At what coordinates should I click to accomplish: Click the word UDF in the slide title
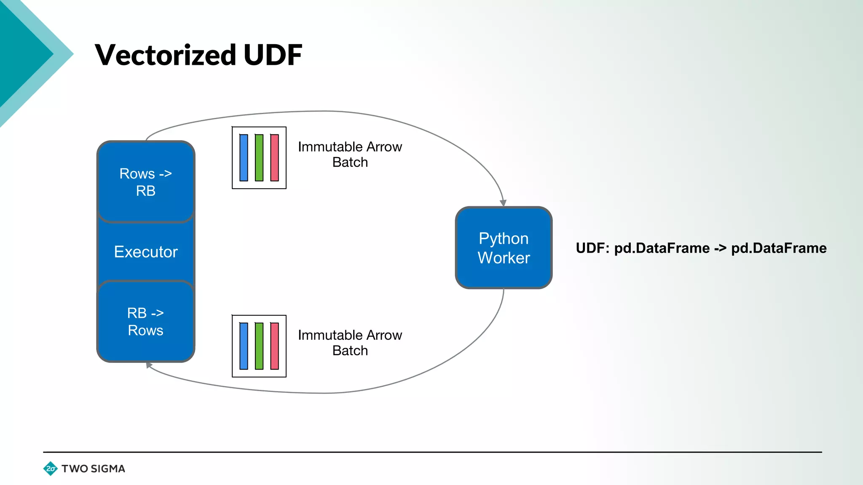coord(273,55)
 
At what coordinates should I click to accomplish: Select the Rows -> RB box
coord(146,182)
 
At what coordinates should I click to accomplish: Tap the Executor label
coord(146,252)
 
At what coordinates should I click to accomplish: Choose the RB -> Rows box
coord(146,321)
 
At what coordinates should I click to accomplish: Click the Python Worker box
coord(504,248)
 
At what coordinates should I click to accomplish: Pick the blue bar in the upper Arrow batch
coord(244,158)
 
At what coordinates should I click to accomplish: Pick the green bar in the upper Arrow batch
coord(259,158)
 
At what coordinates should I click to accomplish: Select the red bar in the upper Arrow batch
coord(274,158)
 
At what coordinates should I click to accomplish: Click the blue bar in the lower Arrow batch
coord(244,346)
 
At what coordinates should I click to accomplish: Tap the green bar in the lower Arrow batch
coord(259,346)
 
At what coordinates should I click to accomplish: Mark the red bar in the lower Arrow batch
coord(274,346)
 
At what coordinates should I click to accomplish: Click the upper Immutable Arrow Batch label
coord(350,155)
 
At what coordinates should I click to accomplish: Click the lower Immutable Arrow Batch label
coord(350,343)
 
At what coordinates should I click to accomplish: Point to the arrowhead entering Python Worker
coord(503,203)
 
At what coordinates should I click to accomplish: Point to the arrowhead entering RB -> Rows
coord(149,365)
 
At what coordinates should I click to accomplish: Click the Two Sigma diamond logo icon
coord(51,469)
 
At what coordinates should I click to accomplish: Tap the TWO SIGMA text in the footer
coord(93,469)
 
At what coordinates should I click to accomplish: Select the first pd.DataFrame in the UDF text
coord(662,248)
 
